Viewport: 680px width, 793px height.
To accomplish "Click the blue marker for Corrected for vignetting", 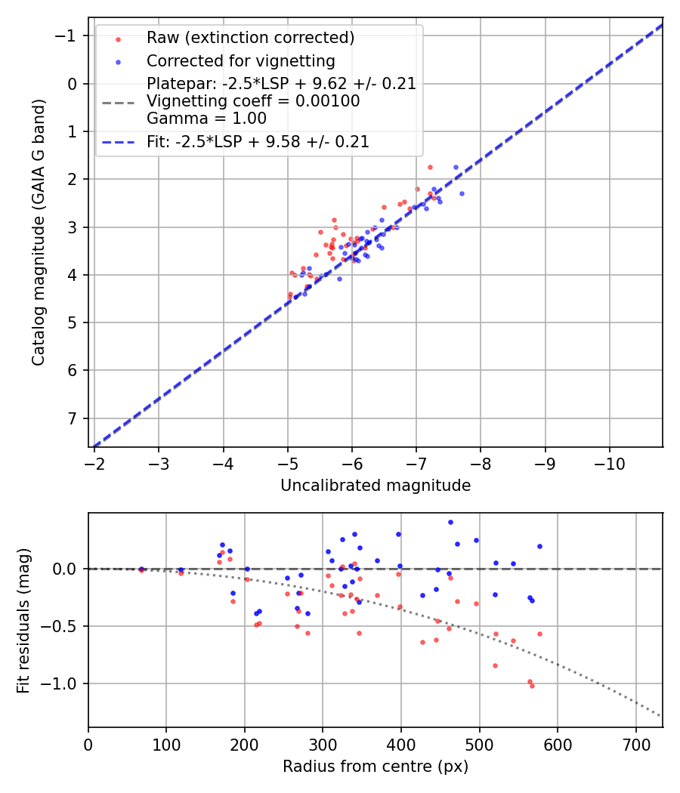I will click(x=118, y=61).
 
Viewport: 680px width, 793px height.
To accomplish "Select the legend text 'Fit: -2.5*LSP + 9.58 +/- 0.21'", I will click(x=258, y=142).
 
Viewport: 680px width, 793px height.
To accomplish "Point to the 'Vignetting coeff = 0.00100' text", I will click(x=253, y=101).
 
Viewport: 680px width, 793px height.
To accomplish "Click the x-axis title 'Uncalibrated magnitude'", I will click(x=376, y=486).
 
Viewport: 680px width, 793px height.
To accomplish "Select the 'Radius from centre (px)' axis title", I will click(x=376, y=767).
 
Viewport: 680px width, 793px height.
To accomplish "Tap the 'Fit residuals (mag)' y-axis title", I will click(x=23, y=619).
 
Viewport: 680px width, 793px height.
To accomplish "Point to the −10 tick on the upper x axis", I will click(x=610, y=463).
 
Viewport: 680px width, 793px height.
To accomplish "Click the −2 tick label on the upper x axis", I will click(x=94, y=463).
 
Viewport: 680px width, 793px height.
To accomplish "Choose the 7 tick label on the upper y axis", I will click(x=73, y=418).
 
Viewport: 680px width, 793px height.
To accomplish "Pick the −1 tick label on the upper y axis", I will click(x=68, y=36).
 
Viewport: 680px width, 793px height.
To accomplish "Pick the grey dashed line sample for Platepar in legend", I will click(x=118, y=101).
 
